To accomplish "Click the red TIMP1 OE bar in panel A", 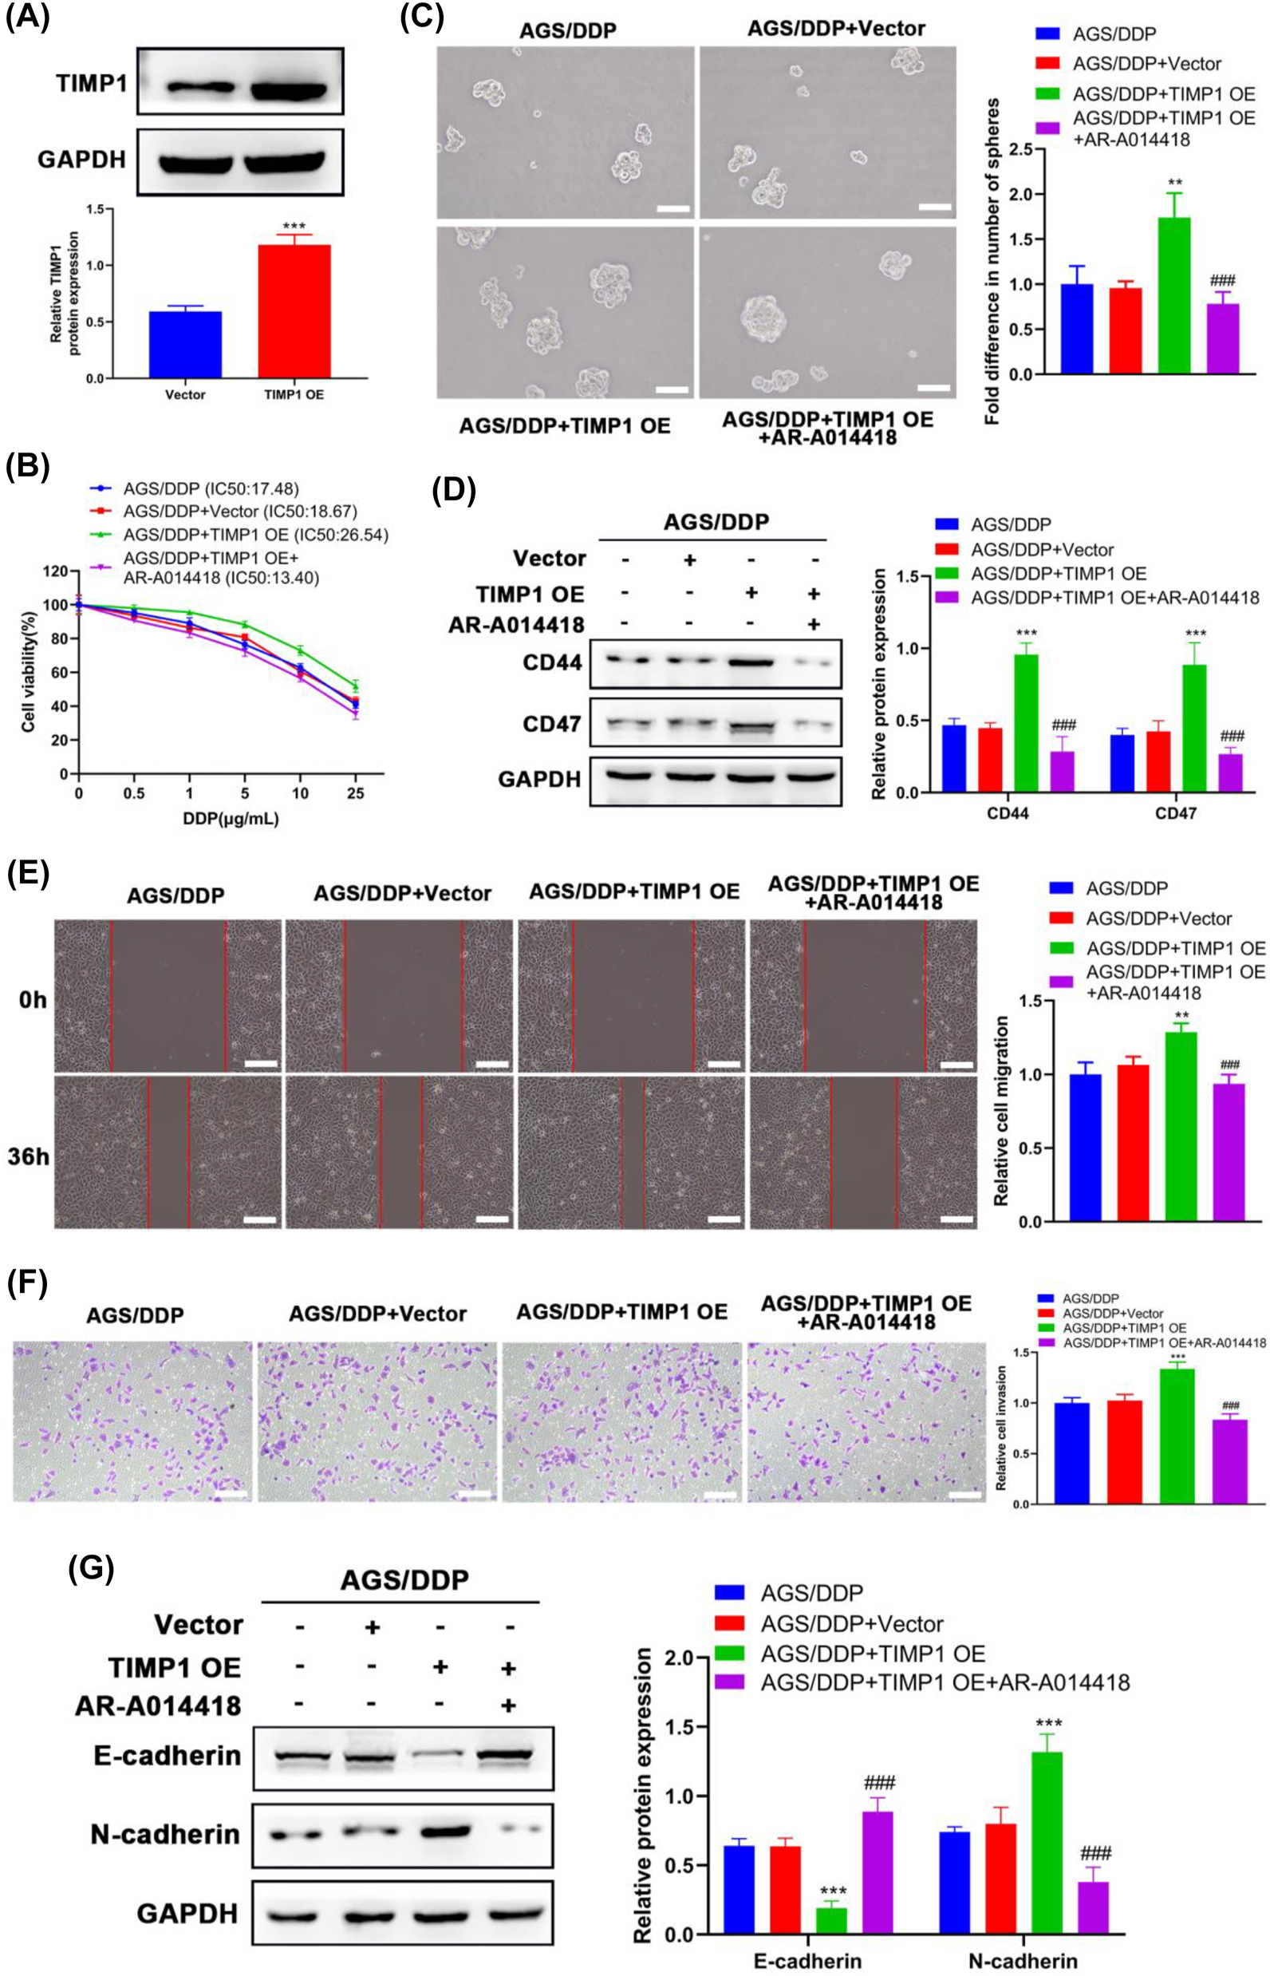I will click(x=294, y=311).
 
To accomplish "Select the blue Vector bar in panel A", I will click(x=185, y=344).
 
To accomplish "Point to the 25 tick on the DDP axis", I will click(x=356, y=793).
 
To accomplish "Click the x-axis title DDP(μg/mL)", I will click(x=230, y=820).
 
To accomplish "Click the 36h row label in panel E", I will click(x=29, y=1156).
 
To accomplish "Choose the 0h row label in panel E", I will click(x=32, y=1000).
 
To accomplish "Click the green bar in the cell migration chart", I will click(x=1181, y=1126).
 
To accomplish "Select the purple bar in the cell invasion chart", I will click(x=1230, y=1461).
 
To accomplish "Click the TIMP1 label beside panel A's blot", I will click(x=91, y=83).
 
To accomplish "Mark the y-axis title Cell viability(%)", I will click(x=29, y=673).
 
